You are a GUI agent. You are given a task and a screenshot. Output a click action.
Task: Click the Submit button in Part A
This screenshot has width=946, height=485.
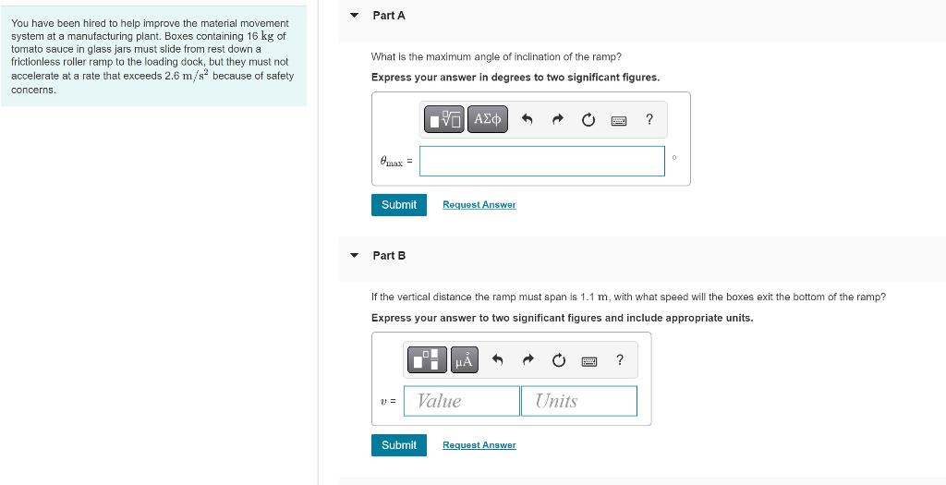pyautogui.click(x=399, y=205)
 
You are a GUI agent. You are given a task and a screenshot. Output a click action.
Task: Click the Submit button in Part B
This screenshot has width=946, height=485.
pyautogui.click(x=399, y=445)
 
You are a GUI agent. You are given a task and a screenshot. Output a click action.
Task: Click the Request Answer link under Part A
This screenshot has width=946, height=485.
pyautogui.click(x=479, y=205)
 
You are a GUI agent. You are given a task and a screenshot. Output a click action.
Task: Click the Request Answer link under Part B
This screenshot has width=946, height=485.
pyautogui.click(x=479, y=445)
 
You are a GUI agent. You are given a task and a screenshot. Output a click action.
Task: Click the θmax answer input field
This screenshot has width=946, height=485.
pyautogui.click(x=541, y=161)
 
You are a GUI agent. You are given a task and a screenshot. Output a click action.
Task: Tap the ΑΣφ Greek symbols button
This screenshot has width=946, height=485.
pyautogui.click(x=487, y=119)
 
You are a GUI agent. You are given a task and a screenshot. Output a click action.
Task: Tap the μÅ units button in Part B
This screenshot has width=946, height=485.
pyautogui.click(x=464, y=360)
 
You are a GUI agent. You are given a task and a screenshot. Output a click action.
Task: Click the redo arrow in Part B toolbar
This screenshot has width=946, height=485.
pyautogui.click(x=528, y=360)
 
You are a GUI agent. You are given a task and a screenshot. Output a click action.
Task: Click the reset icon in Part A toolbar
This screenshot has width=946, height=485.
pyautogui.click(x=588, y=119)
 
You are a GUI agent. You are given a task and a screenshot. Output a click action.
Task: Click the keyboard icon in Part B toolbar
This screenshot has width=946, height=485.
pyautogui.click(x=588, y=360)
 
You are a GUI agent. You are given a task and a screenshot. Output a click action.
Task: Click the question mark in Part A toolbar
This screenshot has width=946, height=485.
pyautogui.click(x=649, y=119)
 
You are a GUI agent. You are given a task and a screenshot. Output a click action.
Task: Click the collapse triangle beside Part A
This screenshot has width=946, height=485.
pyautogui.click(x=355, y=16)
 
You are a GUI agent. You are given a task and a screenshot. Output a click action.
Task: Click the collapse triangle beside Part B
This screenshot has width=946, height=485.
pyautogui.click(x=355, y=256)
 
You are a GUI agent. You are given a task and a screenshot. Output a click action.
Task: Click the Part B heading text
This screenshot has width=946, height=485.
pyautogui.click(x=389, y=256)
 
